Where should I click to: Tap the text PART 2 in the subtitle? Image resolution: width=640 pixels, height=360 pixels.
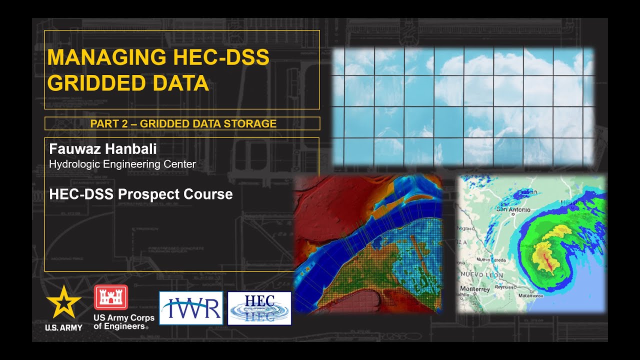click(109, 123)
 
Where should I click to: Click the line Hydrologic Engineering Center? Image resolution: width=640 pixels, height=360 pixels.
click(122, 164)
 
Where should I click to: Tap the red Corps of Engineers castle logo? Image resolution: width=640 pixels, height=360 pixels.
click(111, 298)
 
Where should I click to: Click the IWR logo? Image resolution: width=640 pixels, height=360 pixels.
click(191, 308)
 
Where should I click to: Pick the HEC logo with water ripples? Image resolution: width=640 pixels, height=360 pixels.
click(259, 308)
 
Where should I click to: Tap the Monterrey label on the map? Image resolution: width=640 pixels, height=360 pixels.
click(475, 289)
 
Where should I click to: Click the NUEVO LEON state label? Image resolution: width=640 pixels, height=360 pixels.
click(482, 275)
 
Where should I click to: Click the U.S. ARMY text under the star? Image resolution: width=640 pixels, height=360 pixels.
click(63, 327)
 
